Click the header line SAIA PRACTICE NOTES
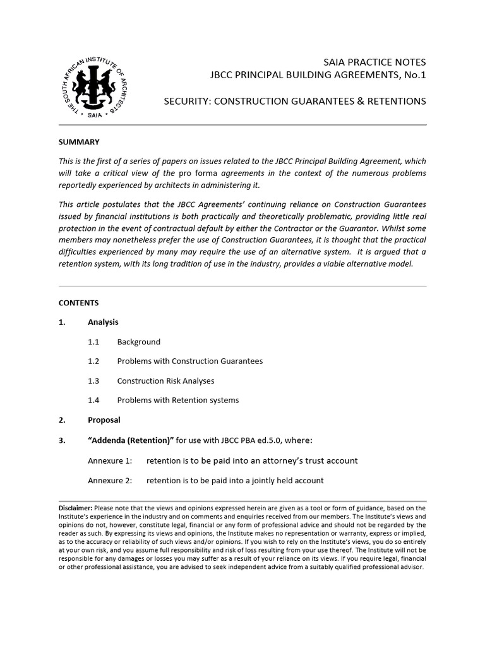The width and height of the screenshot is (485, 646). point(374,62)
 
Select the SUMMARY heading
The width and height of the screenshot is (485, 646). point(79,142)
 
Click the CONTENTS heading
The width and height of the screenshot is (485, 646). point(78,303)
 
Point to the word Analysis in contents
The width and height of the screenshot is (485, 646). point(103,322)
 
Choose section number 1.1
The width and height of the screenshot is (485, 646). point(94,342)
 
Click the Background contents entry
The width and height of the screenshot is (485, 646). point(139,342)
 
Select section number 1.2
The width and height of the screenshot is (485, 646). point(94,361)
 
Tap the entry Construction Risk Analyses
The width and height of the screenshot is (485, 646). point(165,381)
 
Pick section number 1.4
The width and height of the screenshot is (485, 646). point(94,401)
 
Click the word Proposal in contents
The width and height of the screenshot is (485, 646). point(104,420)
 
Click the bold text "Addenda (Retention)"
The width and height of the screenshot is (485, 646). point(129,440)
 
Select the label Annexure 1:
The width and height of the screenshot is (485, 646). point(110,461)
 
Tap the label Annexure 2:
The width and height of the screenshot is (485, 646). point(110,481)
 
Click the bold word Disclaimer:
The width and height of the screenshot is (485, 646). point(76,508)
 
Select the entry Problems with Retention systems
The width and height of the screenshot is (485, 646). point(178,401)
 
